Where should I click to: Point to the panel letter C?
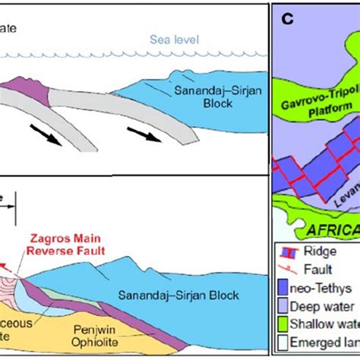(289, 18)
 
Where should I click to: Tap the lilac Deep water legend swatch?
(292, 307)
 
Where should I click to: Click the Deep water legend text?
(334, 307)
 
